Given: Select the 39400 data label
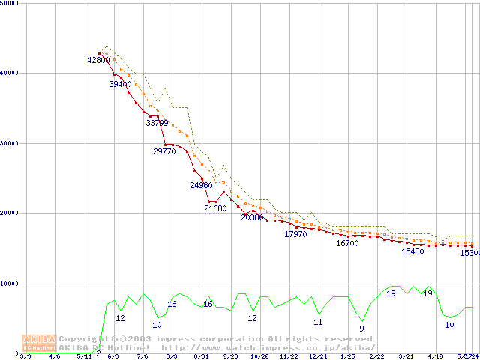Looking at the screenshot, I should pos(120,85).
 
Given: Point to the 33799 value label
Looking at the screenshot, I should pos(157,122).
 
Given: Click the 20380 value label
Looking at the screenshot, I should pos(253,217).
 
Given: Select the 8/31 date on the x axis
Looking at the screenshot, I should pos(200,357).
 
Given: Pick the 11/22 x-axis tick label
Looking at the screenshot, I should pos(288,357).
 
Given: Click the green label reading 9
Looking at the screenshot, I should pos(361,328).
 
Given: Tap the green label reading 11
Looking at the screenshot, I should pos(318,322).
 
